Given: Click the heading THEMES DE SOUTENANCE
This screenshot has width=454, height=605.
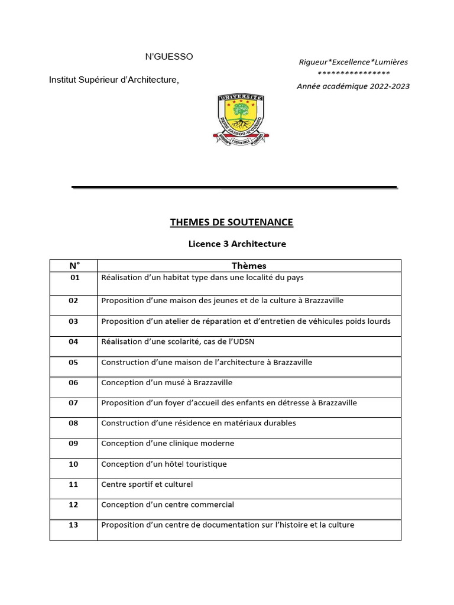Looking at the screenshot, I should (231, 222).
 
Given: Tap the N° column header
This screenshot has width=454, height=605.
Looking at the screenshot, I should (73, 266).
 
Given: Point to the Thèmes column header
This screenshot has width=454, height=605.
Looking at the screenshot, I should (249, 266).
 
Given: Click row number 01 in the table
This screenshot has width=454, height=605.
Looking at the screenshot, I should (74, 277).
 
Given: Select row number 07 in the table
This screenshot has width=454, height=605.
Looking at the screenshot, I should (73, 403).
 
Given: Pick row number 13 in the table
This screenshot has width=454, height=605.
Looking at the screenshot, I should (73, 525).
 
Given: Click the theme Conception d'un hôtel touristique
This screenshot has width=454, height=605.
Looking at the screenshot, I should (164, 464).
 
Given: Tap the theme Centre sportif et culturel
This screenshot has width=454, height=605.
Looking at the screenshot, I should (147, 484).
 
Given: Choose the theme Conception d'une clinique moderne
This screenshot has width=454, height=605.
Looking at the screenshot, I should (167, 444).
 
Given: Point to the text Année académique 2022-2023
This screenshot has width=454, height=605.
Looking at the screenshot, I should (353, 86).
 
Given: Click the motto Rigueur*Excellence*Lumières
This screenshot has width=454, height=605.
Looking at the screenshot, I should (353, 62).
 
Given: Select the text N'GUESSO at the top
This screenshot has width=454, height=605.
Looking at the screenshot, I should (169, 57).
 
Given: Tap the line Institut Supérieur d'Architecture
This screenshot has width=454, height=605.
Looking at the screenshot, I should (113, 80).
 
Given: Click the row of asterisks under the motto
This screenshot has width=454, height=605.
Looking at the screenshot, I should (353, 74).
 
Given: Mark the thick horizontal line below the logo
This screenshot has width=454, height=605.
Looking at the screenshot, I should (234, 188).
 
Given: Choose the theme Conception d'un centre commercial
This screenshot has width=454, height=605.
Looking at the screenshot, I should (167, 505).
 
